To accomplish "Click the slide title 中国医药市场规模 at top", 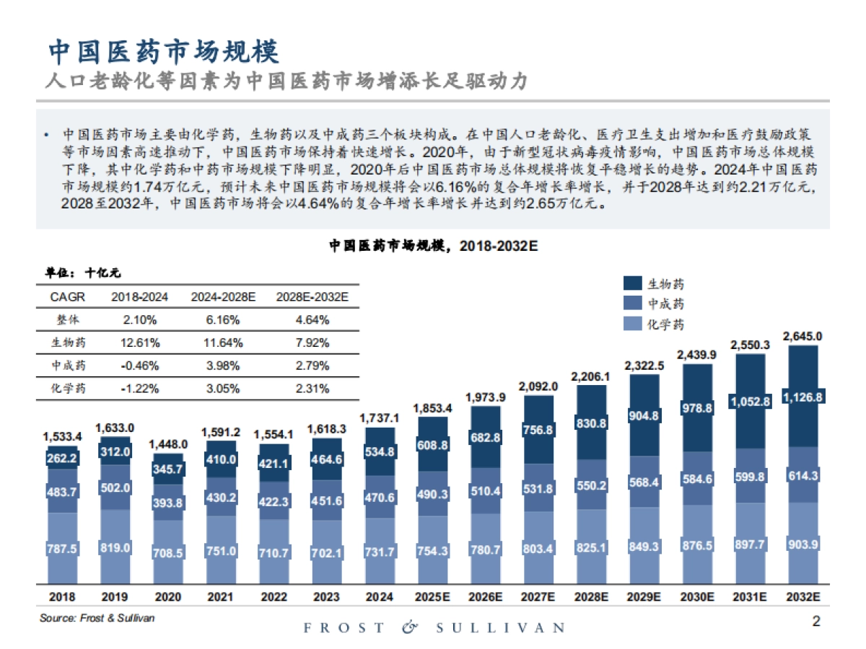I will [x=163, y=51].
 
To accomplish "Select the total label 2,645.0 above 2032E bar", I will [x=802, y=336].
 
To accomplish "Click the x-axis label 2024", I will [x=379, y=597].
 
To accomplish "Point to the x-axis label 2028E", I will [x=592, y=597].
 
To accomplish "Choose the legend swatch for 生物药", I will [x=632, y=283].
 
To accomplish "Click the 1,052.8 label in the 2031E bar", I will [x=750, y=402].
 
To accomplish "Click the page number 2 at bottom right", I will [x=816, y=622].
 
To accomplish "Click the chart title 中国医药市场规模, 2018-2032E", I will [x=434, y=246].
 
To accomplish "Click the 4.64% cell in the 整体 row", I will [x=312, y=319].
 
